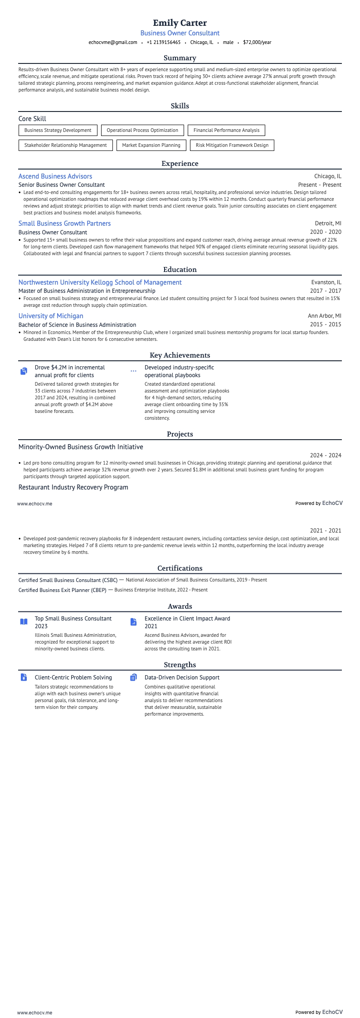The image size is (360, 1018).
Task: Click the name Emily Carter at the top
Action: point(180,23)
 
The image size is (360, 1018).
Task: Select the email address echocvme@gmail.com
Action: point(113,42)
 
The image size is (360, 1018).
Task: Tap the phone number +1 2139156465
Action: point(163,42)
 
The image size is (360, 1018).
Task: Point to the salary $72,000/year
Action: point(257,42)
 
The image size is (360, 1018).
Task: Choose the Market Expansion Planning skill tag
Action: point(151,145)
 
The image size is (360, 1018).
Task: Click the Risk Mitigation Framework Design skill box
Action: point(232,145)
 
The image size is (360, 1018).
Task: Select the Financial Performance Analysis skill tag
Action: point(226,130)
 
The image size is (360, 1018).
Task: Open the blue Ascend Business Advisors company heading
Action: point(55,176)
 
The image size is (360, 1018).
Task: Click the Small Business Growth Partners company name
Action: point(64,223)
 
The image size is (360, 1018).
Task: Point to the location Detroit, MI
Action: point(328,223)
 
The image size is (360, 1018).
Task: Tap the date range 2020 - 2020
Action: point(326,232)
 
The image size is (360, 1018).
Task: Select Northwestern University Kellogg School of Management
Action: point(100,282)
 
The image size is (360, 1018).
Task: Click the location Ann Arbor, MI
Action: point(325,316)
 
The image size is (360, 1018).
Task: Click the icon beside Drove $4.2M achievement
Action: point(24,371)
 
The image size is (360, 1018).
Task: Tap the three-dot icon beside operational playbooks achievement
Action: point(133,371)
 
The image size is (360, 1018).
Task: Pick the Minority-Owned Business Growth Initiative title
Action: point(81,447)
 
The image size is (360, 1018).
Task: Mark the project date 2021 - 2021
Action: point(326,531)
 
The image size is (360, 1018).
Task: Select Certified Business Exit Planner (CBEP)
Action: point(63,590)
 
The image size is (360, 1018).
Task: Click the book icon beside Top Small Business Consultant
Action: point(24,622)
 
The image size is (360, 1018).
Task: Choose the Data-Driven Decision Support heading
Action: point(182,678)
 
